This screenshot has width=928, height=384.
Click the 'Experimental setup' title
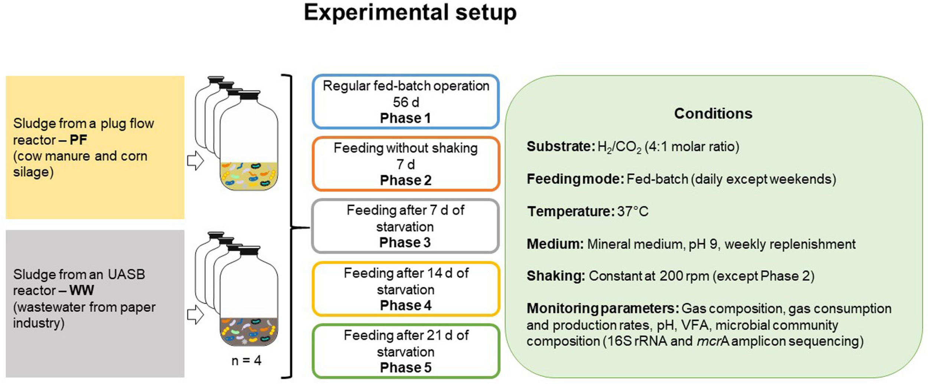(x=410, y=13)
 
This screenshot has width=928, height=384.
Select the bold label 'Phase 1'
(x=405, y=118)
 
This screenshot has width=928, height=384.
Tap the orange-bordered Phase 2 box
(x=405, y=164)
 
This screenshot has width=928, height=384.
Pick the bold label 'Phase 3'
(x=405, y=242)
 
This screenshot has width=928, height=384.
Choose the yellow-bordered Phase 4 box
(x=405, y=289)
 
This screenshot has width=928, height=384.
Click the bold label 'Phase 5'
(x=405, y=367)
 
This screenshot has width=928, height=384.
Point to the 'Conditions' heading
(x=713, y=114)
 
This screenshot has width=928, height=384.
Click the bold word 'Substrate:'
(x=561, y=147)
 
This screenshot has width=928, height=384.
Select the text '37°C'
(x=633, y=211)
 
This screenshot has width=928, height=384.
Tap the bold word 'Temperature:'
(x=571, y=211)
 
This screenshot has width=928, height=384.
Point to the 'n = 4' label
(x=246, y=360)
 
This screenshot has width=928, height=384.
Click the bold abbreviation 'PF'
(x=78, y=140)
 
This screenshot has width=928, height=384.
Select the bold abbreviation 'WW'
(x=82, y=290)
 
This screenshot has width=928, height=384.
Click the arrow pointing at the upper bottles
(x=195, y=161)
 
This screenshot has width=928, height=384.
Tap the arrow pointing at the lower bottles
(x=195, y=315)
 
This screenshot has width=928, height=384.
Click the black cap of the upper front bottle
(x=249, y=95)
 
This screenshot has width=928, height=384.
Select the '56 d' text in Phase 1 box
(x=405, y=102)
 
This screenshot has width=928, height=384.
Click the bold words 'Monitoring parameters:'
(x=602, y=309)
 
